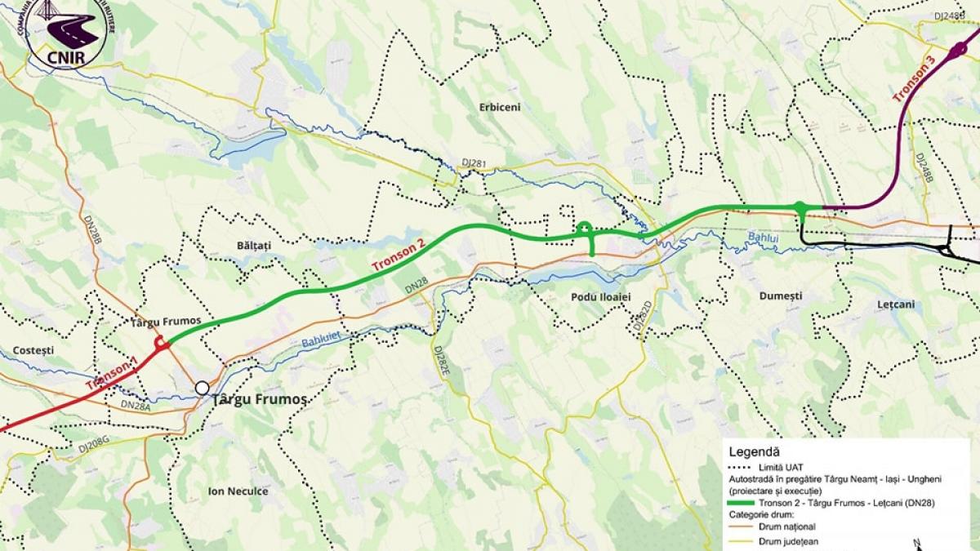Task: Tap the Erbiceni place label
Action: (x=500, y=107)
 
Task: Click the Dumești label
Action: (x=780, y=295)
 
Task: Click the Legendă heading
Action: (x=756, y=451)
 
